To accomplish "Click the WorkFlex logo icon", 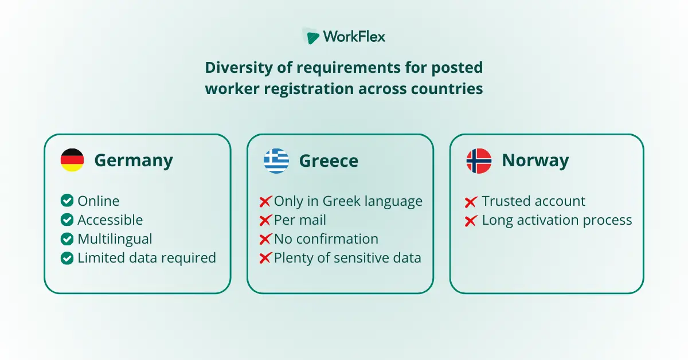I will (x=312, y=37).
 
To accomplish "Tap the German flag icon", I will (x=72, y=161).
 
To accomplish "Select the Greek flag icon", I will (x=276, y=161).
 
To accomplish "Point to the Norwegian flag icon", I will (x=479, y=161).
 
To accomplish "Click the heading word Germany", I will (x=134, y=161).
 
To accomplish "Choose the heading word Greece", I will (x=329, y=161).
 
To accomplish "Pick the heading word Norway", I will (x=535, y=161).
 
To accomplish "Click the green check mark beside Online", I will (x=67, y=201).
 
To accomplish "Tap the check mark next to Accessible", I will (x=67, y=220).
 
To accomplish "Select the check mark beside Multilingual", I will (x=67, y=239).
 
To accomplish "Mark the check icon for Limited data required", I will (x=67, y=258).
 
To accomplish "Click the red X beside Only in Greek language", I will (x=265, y=202).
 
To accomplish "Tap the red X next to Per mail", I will (x=265, y=221).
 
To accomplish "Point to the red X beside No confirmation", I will (x=265, y=240).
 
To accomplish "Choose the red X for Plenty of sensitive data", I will (x=265, y=259).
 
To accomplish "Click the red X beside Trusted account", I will (x=471, y=202).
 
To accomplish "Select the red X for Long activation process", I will (x=471, y=221).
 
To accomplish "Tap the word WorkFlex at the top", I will (x=354, y=37).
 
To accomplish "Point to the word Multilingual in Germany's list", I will (x=115, y=239).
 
